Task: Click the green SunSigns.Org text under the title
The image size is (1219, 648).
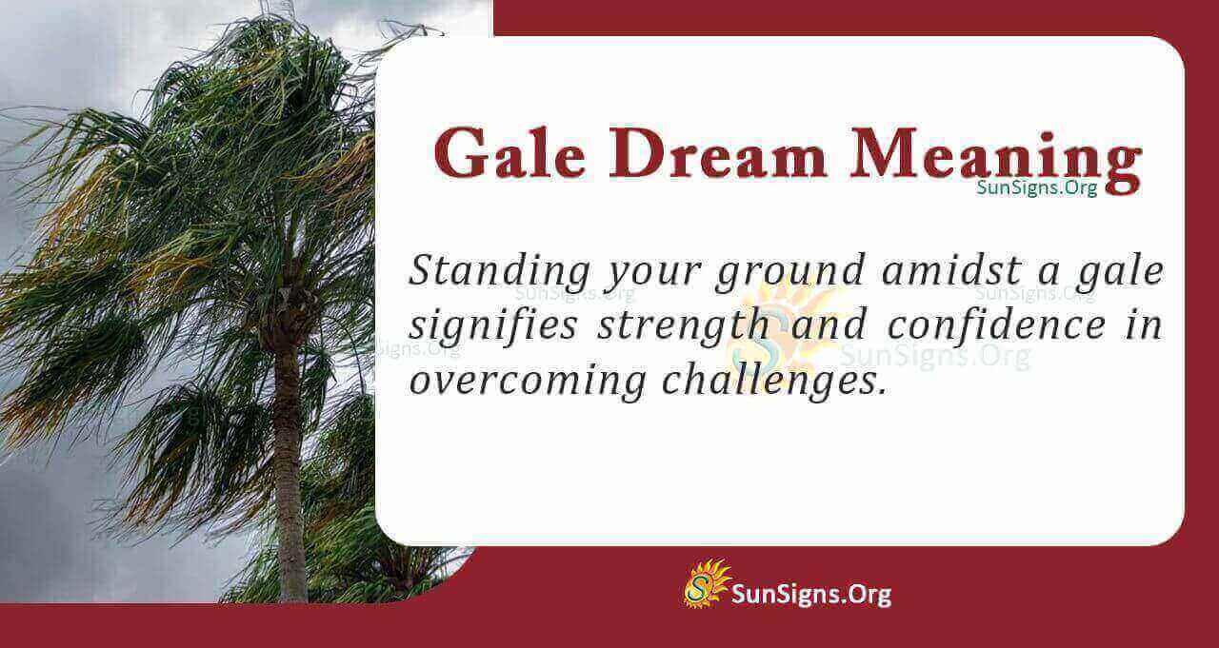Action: click(x=1036, y=187)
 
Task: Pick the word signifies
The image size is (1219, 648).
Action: click(x=492, y=327)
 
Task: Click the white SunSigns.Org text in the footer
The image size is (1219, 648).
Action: click(x=811, y=595)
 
